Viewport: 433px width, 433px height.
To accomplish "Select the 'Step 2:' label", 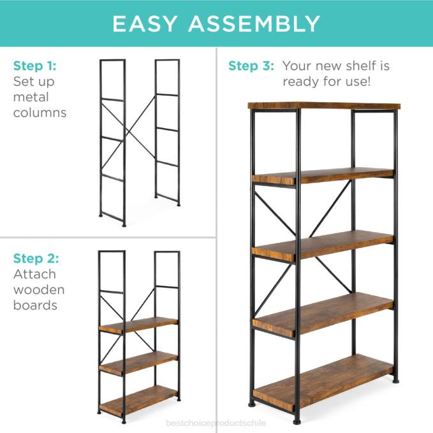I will click(x=36, y=258).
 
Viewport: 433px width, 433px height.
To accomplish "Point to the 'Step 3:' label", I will click(x=251, y=66).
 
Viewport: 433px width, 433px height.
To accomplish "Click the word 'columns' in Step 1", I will click(x=40, y=113).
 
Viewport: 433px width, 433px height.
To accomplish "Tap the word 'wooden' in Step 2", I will click(x=39, y=290).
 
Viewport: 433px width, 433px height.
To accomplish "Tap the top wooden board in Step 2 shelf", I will click(x=138, y=325).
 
